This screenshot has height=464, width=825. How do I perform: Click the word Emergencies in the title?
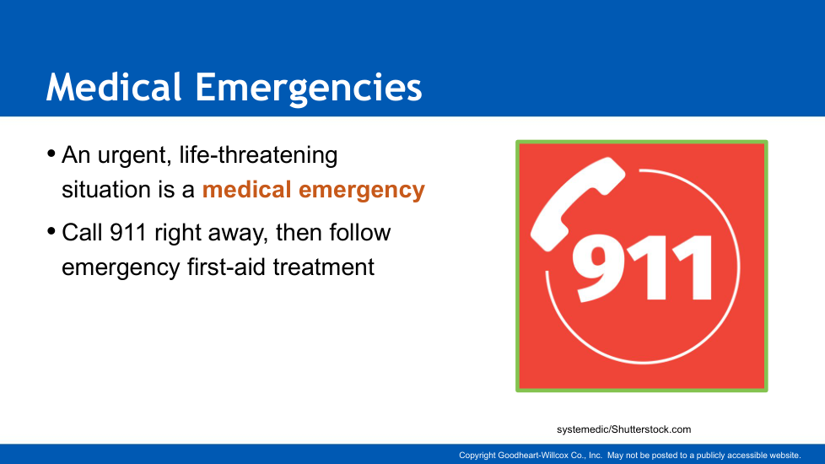point(309,89)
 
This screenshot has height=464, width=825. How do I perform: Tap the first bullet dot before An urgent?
point(51,154)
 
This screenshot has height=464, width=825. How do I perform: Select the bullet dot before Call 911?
point(51,231)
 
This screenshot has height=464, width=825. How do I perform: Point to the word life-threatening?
point(258,156)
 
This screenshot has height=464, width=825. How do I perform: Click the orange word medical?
point(247,189)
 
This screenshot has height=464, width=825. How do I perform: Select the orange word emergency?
point(362,191)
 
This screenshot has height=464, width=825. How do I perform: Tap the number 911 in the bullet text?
point(128,233)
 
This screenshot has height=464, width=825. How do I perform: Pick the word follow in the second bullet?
point(360,232)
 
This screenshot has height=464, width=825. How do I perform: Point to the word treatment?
point(324,267)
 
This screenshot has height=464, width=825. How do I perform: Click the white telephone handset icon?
point(577,203)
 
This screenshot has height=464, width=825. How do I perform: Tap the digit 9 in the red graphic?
point(598,267)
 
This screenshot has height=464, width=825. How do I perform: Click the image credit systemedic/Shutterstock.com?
point(624,429)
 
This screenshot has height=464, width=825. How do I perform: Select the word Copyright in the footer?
point(477,456)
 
